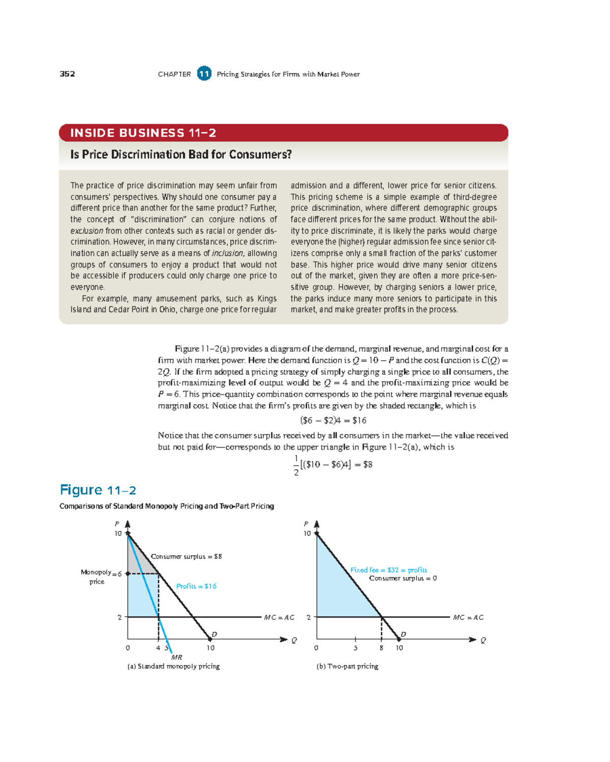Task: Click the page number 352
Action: point(67,74)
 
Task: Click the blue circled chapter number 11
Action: point(204,74)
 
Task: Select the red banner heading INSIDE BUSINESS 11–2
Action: point(143,133)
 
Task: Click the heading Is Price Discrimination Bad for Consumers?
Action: point(181,154)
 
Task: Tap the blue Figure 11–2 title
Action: point(98,490)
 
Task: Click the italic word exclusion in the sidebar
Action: point(87,231)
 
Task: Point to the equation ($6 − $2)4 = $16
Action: point(333,420)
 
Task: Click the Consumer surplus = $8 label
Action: point(186,556)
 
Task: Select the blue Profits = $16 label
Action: point(196,586)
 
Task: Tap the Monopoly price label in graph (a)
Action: point(96,577)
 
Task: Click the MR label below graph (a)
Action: point(176,657)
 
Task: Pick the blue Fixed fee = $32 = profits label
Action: point(388,570)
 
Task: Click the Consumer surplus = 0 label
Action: point(403,578)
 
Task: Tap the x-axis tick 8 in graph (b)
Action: point(381,648)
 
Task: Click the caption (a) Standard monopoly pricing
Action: point(173,666)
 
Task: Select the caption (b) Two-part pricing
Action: point(347,666)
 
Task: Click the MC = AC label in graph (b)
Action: point(468,617)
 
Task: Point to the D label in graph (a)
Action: point(215,634)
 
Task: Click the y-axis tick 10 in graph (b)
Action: point(307,533)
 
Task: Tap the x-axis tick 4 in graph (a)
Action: point(158,648)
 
